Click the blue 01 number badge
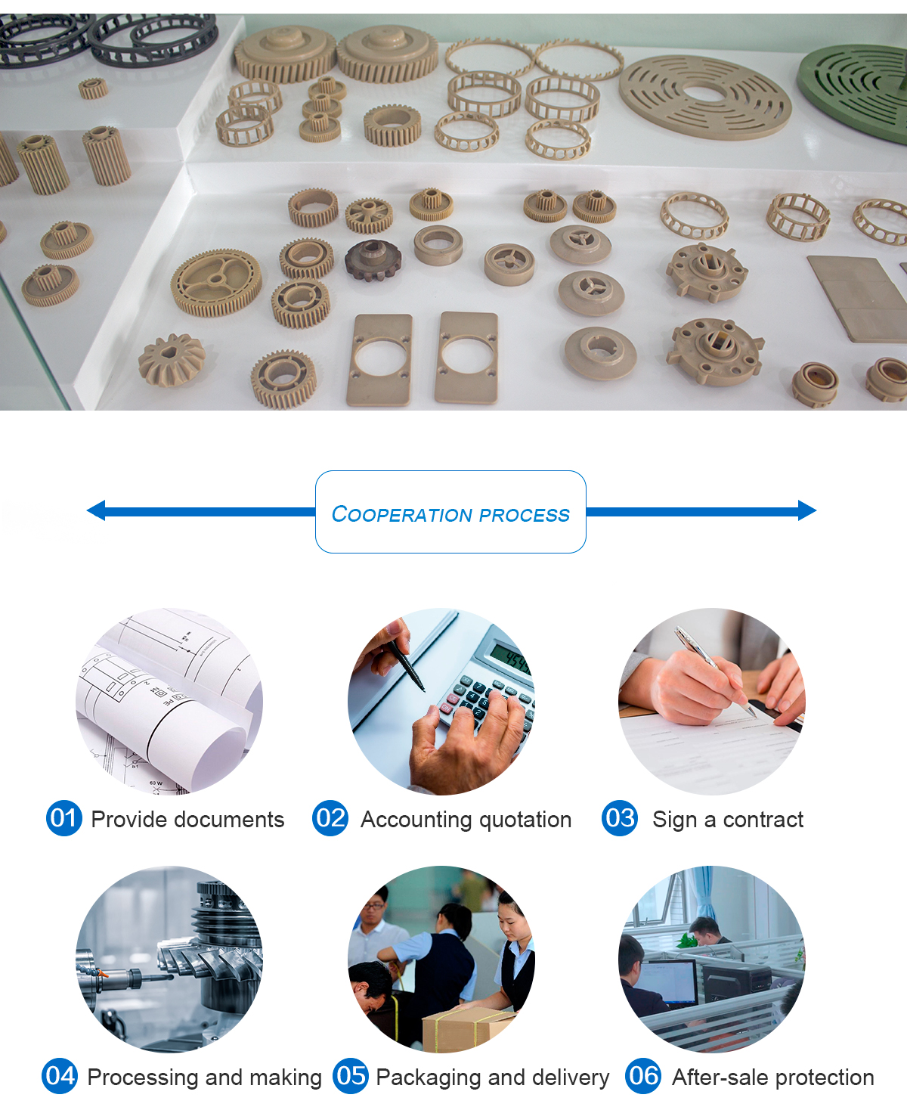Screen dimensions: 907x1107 [64, 818]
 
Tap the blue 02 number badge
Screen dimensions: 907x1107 [330, 818]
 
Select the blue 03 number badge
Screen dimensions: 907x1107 [620, 818]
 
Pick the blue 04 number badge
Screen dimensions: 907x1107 [60, 1076]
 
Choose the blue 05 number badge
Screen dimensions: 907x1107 [351, 1076]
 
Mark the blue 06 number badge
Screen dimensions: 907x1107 [643, 1076]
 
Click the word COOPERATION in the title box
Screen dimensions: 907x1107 [402, 514]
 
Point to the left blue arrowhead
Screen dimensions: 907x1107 [96, 510]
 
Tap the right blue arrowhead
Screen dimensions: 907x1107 [807, 510]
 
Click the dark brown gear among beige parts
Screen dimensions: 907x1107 [373, 260]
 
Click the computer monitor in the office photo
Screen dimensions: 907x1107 [667, 981]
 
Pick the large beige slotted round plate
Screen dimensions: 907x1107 [704, 97]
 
